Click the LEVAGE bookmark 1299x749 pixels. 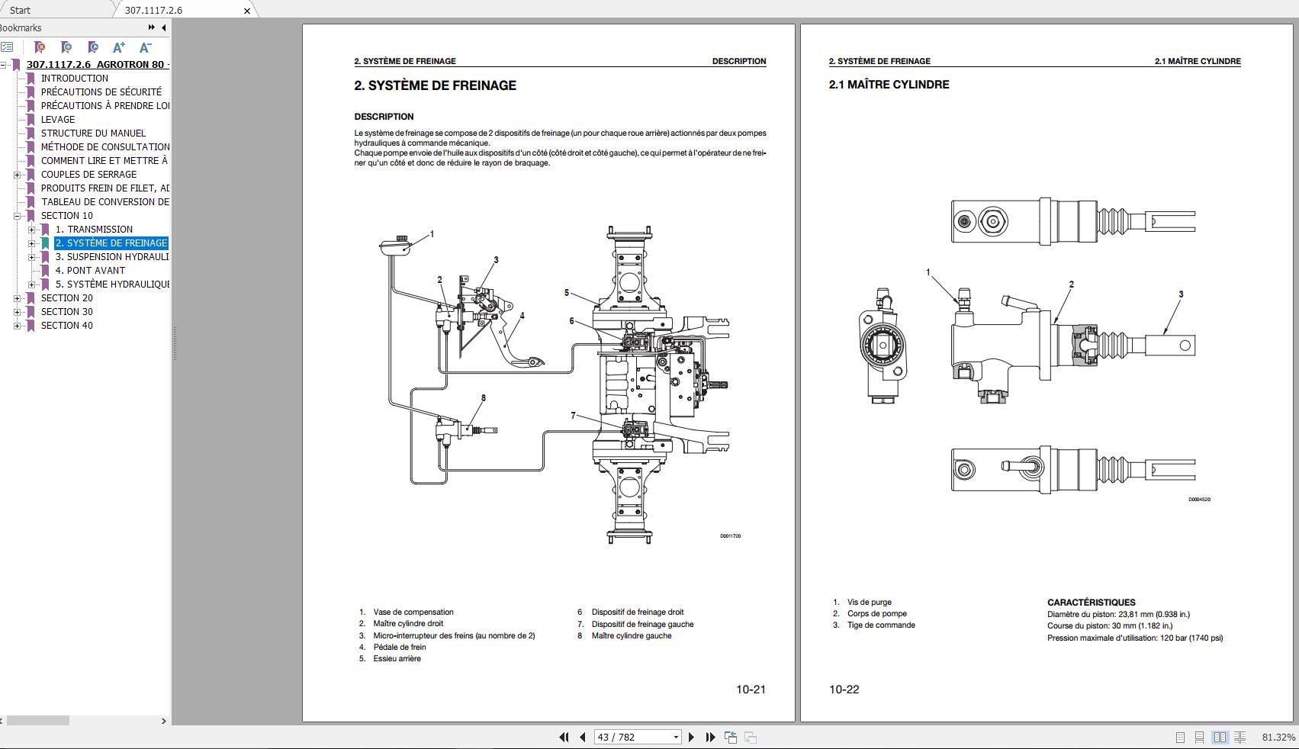58,120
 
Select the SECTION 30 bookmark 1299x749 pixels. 67,312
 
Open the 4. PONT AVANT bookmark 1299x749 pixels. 90,271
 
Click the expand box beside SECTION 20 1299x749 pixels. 17,298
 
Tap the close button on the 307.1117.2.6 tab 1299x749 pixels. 247,11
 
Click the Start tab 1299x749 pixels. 21,10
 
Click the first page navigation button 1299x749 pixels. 564,737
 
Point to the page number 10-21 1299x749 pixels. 751,690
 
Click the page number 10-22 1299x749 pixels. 844,690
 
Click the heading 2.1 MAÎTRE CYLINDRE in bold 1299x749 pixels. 889,85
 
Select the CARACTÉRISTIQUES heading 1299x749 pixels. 1091,603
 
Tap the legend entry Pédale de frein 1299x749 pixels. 400,648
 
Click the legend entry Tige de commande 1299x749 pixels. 881,625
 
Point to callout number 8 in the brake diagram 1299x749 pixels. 483,398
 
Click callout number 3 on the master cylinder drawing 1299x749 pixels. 1181,294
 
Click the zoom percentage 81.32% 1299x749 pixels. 1278,738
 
